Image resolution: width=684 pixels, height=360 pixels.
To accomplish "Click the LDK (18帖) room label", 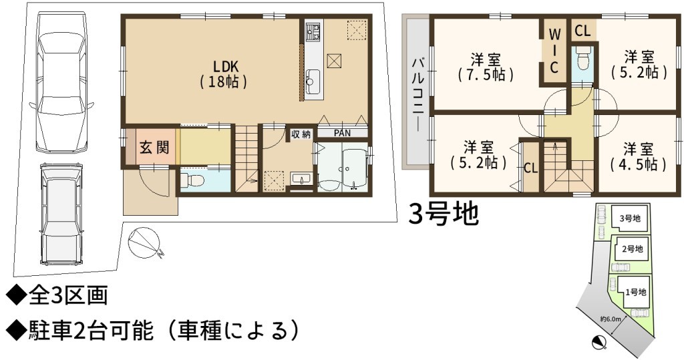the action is [x=224, y=74].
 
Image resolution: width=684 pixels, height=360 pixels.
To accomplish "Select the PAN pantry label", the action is [x=342, y=133].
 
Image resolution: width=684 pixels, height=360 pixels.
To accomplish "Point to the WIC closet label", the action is [x=554, y=50].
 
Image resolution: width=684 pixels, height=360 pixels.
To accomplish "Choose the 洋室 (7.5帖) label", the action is [x=486, y=67].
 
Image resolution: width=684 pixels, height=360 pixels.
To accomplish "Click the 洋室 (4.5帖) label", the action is [x=638, y=156].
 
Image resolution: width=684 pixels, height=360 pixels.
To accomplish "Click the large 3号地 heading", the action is [x=444, y=213].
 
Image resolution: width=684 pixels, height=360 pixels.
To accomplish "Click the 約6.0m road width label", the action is [x=611, y=319].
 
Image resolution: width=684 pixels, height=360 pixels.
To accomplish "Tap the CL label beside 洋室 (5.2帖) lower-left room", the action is [x=530, y=168].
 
